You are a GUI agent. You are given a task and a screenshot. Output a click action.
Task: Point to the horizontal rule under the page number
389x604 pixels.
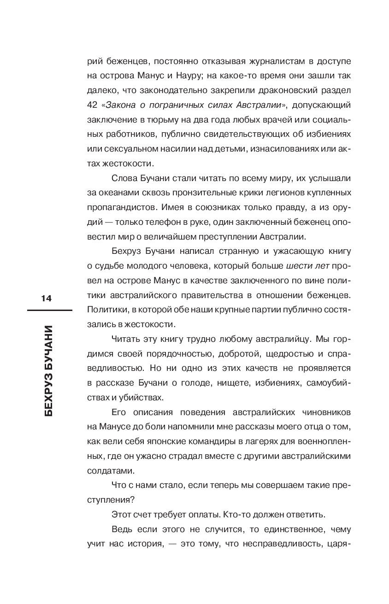click(x=49, y=311)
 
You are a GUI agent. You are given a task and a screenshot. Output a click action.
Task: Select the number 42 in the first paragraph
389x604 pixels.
click(x=92, y=105)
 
